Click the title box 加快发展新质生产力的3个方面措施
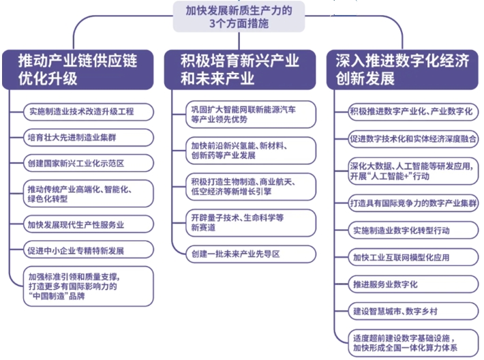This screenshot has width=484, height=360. (239, 16)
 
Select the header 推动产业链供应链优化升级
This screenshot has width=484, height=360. (78, 70)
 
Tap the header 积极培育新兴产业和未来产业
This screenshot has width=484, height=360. (240, 70)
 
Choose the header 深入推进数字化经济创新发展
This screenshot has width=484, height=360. (402, 70)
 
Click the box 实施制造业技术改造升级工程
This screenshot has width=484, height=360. (89, 112)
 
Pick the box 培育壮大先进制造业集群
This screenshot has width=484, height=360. (89, 138)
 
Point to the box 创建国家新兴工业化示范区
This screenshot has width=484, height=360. (89, 164)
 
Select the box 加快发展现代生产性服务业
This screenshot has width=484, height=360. (89, 224)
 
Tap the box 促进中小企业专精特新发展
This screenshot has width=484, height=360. (89, 250)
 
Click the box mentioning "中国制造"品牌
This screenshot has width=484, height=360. (89, 286)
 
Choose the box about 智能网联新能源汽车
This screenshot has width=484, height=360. (251, 115)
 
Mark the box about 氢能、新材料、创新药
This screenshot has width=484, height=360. (251, 151)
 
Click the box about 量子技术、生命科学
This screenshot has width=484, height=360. (251, 223)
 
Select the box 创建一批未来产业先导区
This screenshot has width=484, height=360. (251, 254)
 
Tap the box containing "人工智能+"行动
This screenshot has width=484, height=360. (413, 171)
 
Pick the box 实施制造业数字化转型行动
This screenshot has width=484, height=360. (413, 230)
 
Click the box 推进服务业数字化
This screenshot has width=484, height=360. (413, 284)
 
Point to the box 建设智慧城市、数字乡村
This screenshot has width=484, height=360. (413, 311)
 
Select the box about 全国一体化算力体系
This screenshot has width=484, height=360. (413, 343)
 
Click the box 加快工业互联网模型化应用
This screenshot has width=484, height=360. (413, 257)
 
